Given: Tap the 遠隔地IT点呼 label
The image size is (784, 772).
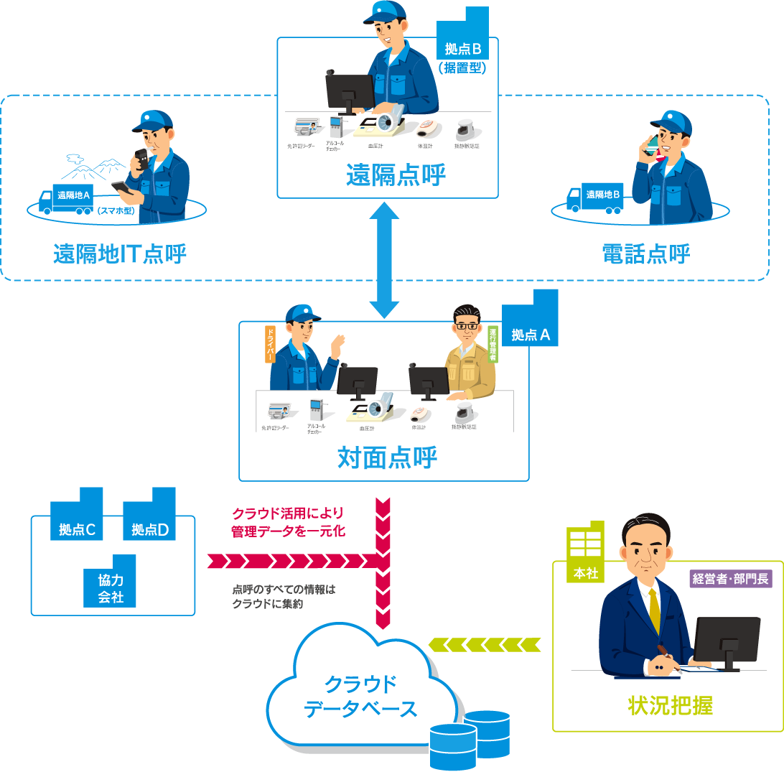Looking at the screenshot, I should point(120,254).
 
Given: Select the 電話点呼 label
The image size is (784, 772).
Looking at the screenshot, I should point(647,254).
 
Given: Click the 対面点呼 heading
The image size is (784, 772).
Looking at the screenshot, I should point(387,457).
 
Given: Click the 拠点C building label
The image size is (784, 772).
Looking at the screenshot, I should point(78,530).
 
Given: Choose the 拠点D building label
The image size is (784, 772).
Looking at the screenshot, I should point(150,530).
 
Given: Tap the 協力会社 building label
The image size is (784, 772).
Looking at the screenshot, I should point(111,588).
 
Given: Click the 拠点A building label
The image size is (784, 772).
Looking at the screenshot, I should point(531,335).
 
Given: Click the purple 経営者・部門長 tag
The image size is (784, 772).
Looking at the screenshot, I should point(730,579).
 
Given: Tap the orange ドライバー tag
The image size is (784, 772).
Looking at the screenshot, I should point(271,344).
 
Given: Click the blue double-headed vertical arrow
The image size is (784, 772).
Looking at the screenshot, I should point(384,260).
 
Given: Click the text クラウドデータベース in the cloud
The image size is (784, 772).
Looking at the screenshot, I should point(360,696).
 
